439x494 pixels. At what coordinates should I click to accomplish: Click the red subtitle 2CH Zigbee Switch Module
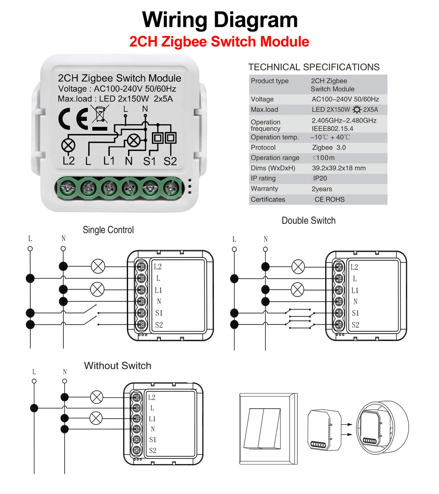[219, 41]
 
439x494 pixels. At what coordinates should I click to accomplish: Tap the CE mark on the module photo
[73, 119]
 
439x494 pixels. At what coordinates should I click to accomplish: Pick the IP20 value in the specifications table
[320, 178]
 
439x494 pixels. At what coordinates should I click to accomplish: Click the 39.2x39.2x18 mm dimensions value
[338, 168]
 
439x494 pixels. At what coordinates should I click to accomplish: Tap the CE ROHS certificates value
[329, 199]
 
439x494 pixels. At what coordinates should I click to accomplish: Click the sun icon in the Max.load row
[356, 109]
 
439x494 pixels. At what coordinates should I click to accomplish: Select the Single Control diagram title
[108, 230]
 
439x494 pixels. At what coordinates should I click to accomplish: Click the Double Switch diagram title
[308, 221]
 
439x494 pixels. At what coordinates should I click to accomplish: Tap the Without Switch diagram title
[118, 366]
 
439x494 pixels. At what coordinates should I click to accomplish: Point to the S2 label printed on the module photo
[170, 161]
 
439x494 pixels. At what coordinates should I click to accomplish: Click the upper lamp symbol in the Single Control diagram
[98, 266]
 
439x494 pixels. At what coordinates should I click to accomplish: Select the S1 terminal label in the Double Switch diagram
[355, 313]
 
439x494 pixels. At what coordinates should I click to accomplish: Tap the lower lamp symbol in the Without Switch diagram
[96, 418]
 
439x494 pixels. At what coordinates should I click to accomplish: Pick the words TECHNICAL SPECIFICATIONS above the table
[314, 67]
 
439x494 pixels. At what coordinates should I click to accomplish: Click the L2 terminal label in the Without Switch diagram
[152, 397]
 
